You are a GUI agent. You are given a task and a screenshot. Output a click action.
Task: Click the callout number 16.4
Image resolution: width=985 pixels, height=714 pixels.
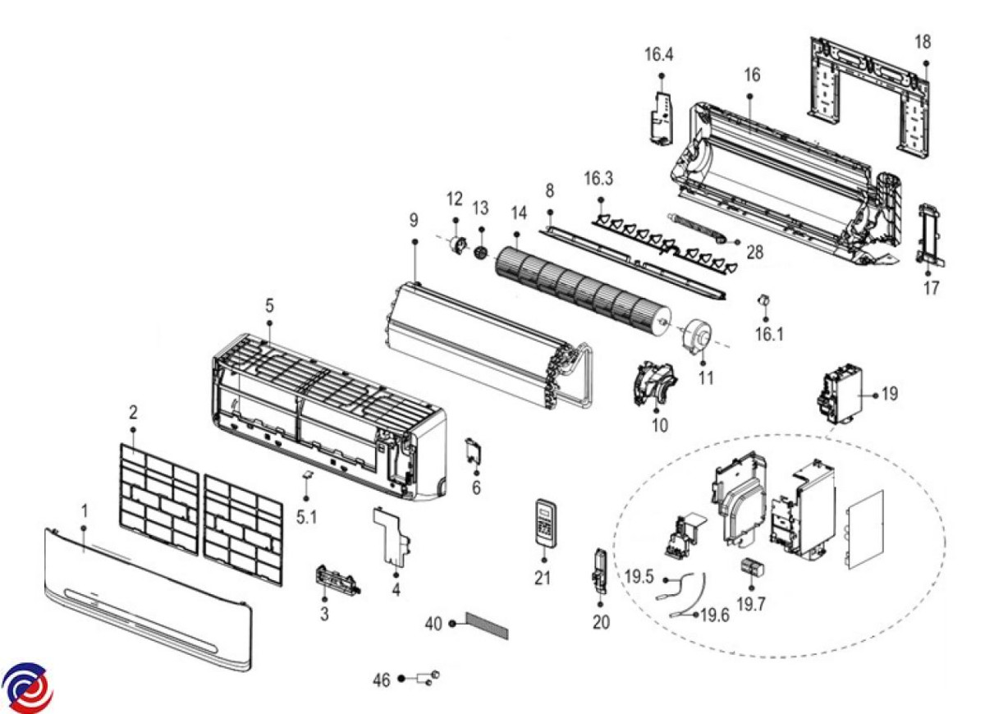pyautogui.click(x=658, y=55)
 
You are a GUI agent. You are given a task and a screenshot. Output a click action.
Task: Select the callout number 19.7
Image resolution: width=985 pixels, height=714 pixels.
pyautogui.click(x=752, y=603)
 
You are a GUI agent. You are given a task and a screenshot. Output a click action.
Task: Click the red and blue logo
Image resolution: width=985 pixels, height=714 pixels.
pyautogui.click(x=27, y=687)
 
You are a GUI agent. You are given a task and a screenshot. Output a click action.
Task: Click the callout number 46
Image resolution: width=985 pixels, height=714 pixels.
pyautogui.click(x=382, y=680)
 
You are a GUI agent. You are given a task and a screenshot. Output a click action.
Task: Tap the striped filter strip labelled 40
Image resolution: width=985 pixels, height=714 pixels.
pyautogui.click(x=488, y=626)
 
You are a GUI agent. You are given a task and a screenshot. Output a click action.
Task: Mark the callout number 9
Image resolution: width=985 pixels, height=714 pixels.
pyautogui.click(x=414, y=221)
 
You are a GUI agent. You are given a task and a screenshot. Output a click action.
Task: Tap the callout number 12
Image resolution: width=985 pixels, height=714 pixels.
pyautogui.click(x=455, y=199)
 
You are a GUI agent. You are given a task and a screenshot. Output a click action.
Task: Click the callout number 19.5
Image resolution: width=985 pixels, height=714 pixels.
pyautogui.click(x=639, y=577)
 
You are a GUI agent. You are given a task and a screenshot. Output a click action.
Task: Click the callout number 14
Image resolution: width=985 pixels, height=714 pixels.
pyautogui.click(x=518, y=212)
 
